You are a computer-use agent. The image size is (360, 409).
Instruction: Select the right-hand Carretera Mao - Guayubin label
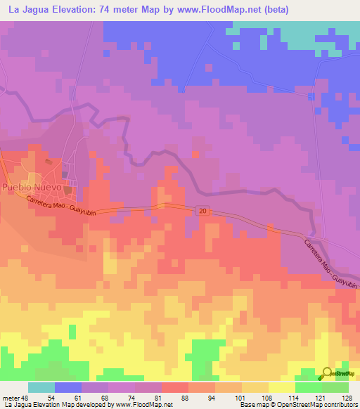tap(330, 264)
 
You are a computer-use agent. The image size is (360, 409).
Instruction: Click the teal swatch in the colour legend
tap(41, 387)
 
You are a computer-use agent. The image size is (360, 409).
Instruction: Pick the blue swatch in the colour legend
tap(68, 387)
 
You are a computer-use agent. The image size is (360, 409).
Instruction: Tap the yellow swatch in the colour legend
tap(282, 387)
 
